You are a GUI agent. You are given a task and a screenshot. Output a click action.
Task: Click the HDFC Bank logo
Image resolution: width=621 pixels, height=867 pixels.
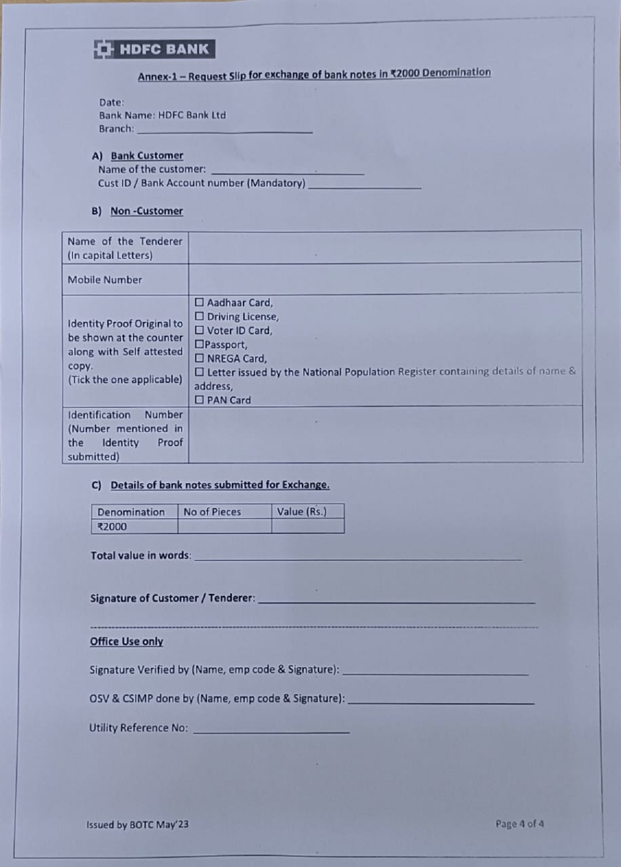(154, 50)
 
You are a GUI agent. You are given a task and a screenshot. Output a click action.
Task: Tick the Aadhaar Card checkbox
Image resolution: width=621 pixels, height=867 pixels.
(199, 302)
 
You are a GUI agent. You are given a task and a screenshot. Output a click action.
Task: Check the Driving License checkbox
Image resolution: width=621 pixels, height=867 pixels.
(199, 316)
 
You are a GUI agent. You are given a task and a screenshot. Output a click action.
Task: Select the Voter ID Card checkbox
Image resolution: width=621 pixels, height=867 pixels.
(199, 330)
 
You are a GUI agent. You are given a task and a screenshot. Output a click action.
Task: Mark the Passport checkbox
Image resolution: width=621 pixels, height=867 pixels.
(199, 344)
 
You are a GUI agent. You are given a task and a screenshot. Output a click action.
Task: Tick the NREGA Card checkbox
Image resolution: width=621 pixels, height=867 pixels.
(199, 358)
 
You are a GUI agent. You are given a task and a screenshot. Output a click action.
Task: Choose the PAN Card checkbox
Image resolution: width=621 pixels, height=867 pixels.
(199, 400)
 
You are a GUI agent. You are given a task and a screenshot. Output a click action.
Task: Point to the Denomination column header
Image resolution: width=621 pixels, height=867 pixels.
(131, 512)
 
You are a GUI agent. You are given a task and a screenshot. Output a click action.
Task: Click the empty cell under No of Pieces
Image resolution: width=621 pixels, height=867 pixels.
(224, 527)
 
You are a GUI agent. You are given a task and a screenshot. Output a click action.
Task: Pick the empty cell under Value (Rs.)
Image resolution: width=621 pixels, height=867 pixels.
(307, 527)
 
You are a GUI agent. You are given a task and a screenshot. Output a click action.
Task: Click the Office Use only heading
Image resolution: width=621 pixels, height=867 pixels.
(126, 641)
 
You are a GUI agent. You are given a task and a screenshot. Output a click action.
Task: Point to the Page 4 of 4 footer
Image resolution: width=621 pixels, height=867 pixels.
(520, 824)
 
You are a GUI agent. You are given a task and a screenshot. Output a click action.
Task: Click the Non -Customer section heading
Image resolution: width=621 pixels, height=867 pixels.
(146, 211)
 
